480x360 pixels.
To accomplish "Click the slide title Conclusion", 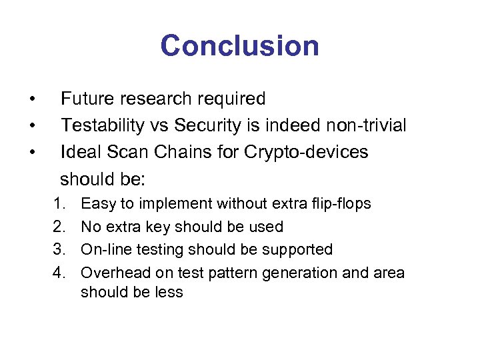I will (239, 46).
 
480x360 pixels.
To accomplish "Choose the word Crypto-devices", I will (306, 152).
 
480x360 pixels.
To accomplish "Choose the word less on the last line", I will (169, 292).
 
